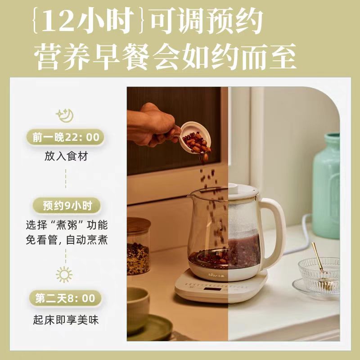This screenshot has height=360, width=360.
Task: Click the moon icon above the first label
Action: tap(65, 116)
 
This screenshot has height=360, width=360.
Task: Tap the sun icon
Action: tap(64, 274)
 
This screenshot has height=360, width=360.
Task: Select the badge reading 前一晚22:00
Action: tap(66, 137)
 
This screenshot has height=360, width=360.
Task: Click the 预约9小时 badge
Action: tap(67, 206)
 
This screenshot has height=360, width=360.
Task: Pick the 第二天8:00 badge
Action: tap(65, 298)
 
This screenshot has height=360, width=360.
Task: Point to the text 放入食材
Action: tap(66, 157)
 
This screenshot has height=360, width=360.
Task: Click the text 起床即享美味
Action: tap(66, 320)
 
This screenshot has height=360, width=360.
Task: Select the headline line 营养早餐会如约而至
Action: tap(165, 57)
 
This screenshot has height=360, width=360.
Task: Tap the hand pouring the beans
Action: tap(152, 125)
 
